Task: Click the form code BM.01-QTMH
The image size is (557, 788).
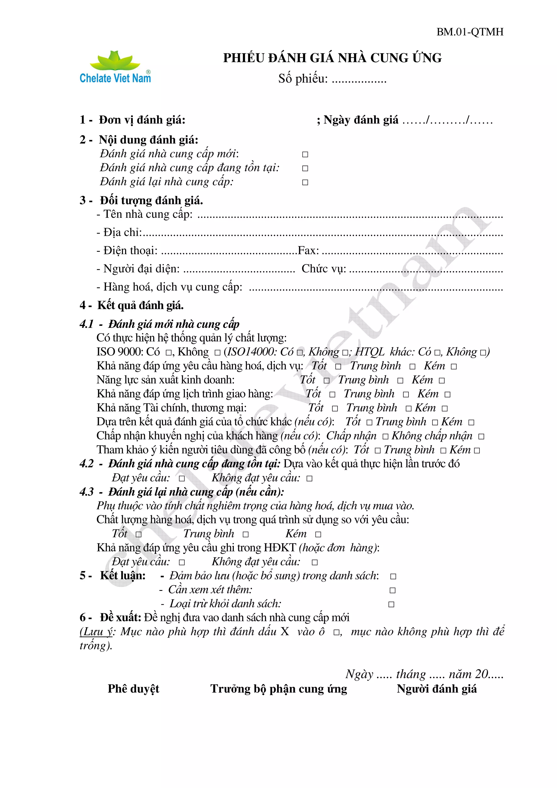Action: [469, 32]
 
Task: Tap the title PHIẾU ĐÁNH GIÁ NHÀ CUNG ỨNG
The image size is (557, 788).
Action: [332, 58]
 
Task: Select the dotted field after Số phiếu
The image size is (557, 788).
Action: [359, 80]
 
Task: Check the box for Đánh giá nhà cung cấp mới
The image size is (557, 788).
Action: [305, 154]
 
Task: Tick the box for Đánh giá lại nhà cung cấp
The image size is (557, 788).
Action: [305, 182]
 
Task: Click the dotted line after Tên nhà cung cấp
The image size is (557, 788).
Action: [350, 216]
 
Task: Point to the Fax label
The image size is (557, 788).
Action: [308, 250]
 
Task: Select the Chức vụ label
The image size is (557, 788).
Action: [324, 269]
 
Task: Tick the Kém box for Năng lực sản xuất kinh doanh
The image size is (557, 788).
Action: [442, 381]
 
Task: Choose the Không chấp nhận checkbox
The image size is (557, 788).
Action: [481, 437]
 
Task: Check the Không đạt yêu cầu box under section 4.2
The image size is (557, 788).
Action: [309, 479]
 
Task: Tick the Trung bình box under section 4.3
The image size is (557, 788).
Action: [245, 534]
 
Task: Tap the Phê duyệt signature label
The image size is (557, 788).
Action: [134, 689]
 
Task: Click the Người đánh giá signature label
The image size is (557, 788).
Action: [437, 689]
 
